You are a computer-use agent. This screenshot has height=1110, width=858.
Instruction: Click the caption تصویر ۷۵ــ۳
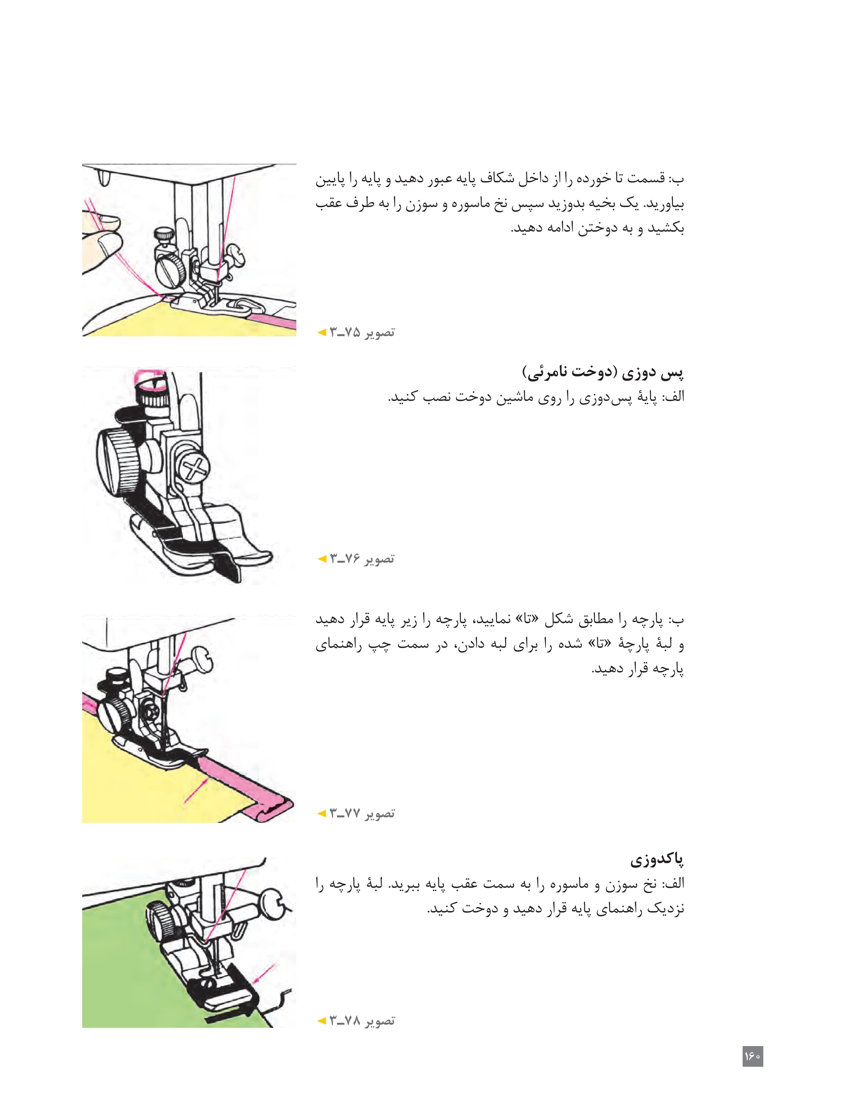361,332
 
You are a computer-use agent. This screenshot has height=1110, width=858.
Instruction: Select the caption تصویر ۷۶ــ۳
361,559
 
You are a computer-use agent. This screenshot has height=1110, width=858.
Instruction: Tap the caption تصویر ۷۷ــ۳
361,813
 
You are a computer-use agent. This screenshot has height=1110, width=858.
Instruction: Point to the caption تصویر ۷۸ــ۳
361,1021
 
